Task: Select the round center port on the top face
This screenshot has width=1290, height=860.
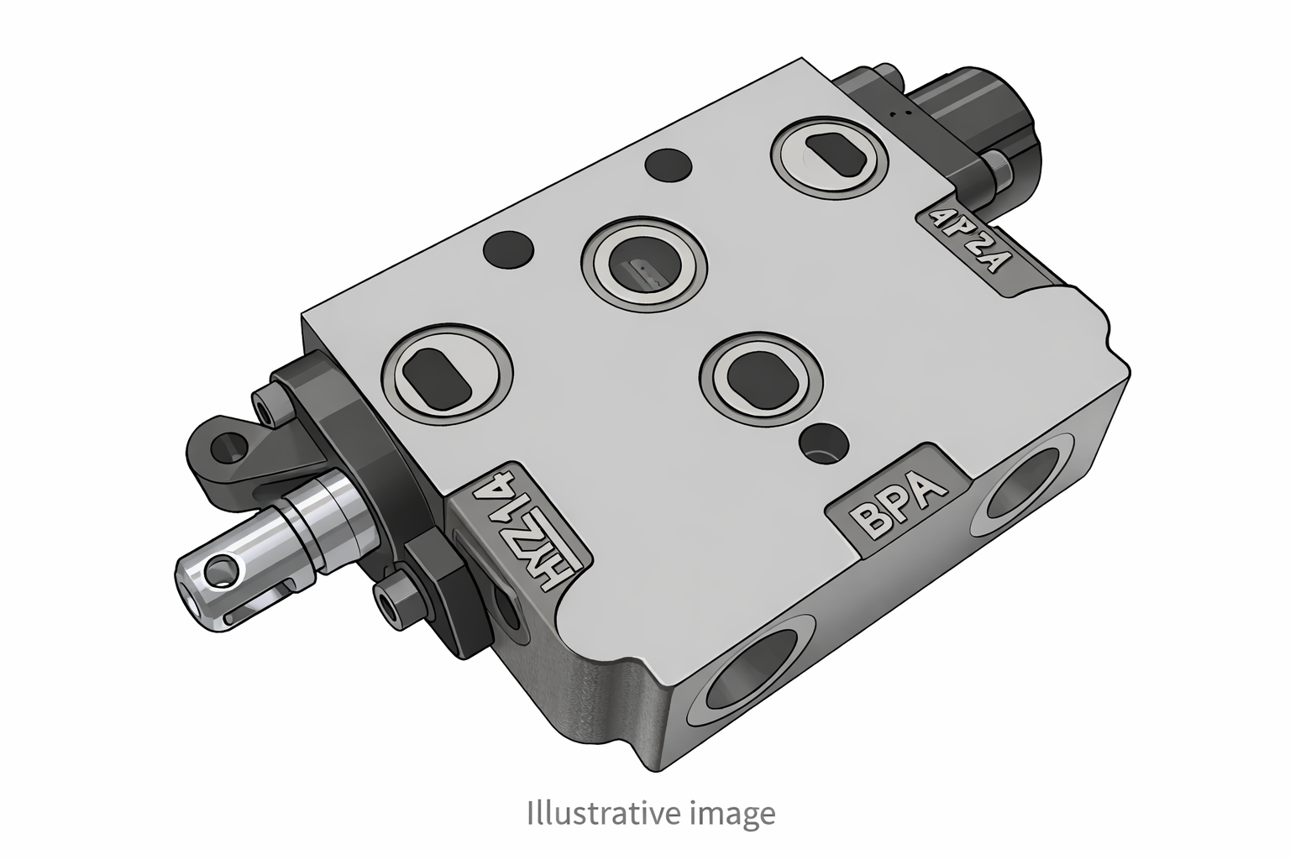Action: [645, 270]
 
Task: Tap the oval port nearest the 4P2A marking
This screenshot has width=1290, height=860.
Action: [829, 155]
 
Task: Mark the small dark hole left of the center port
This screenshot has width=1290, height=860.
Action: [508, 249]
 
